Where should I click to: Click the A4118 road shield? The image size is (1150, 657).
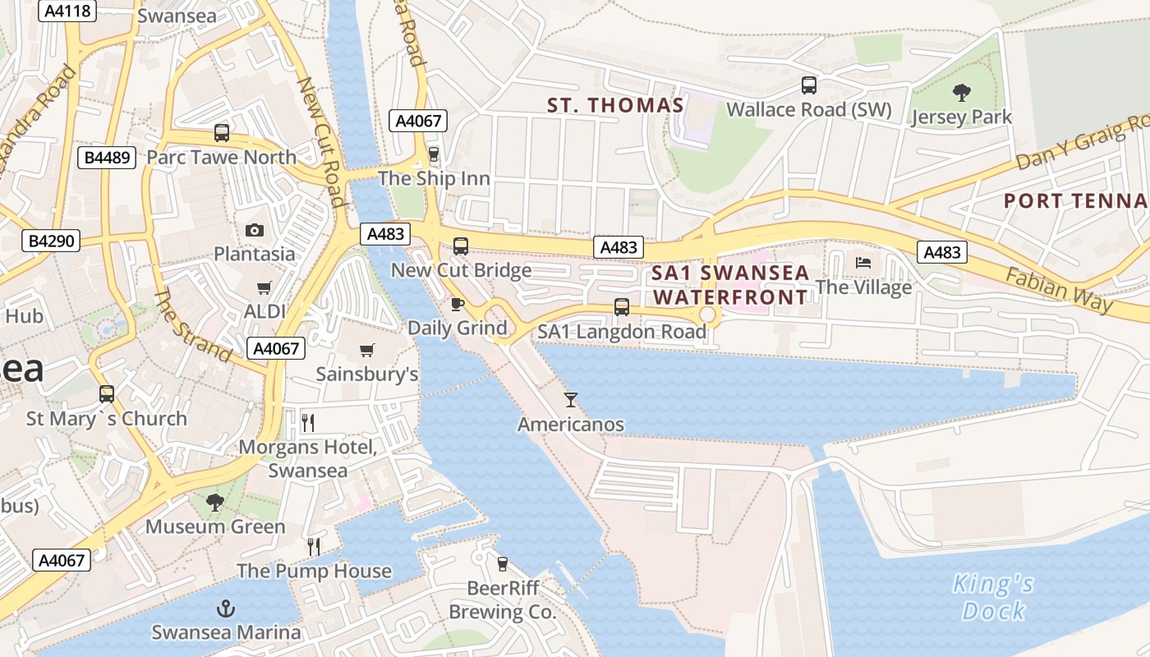pyautogui.click(x=68, y=11)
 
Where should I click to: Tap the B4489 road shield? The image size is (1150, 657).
pyautogui.click(x=106, y=158)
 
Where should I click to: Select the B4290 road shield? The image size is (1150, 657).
pyautogui.click(x=51, y=241)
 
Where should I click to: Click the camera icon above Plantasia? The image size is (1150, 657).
pyautogui.click(x=255, y=230)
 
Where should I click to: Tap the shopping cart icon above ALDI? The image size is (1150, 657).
pyautogui.click(x=264, y=287)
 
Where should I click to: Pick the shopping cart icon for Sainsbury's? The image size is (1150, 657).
pyautogui.click(x=367, y=351)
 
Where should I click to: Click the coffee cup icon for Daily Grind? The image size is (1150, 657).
pyautogui.click(x=458, y=304)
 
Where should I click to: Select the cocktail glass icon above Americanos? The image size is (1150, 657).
pyautogui.click(x=571, y=400)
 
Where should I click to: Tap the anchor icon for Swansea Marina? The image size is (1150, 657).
pyautogui.click(x=225, y=609)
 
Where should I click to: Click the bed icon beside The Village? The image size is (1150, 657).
pyautogui.click(x=863, y=263)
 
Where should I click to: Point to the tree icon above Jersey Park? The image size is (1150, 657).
pyautogui.click(x=960, y=92)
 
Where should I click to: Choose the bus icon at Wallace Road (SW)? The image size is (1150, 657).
pyautogui.click(x=809, y=85)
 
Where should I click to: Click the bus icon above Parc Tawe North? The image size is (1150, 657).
pyautogui.click(x=221, y=132)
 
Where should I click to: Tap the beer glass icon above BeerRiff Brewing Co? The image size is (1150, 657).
pyautogui.click(x=503, y=563)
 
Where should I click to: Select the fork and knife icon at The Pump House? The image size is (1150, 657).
pyautogui.click(x=313, y=546)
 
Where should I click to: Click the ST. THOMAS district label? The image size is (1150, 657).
pyautogui.click(x=615, y=105)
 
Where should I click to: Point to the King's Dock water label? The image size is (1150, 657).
pyautogui.click(x=993, y=597)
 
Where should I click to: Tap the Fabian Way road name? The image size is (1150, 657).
pyautogui.click(x=1060, y=289)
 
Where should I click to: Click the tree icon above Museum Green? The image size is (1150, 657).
pyautogui.click(x=215, y=502)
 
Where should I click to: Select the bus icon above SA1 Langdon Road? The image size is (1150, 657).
pyautogui.click(x=622, y=307)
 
